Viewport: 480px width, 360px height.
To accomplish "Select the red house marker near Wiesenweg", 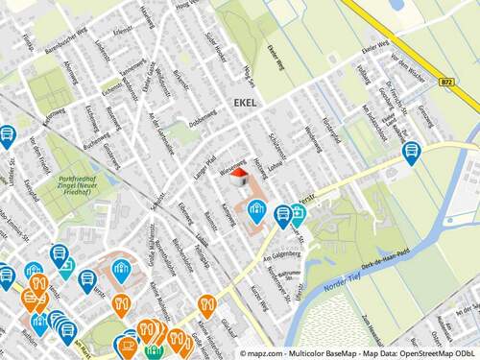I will tap(239, 175).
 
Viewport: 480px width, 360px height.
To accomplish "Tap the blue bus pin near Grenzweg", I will tap(411, 152).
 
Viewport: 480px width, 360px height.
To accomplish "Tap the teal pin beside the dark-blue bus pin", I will tap(299, 215).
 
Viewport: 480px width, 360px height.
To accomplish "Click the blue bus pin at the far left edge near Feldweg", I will tap(7, 135).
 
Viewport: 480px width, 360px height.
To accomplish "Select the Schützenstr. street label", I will tap(279, 144).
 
